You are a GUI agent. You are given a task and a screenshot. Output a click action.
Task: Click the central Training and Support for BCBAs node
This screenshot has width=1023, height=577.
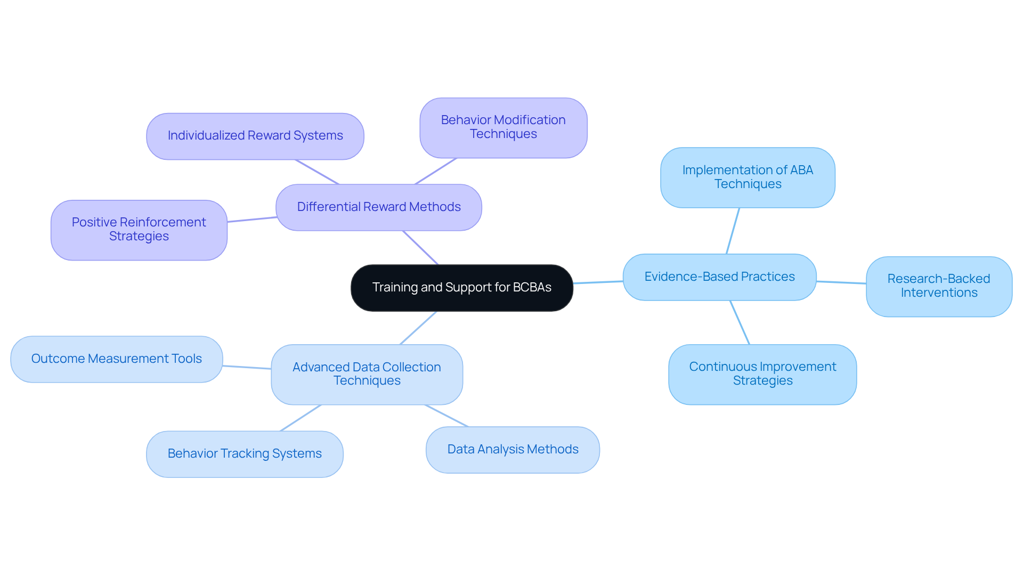coord(461,288)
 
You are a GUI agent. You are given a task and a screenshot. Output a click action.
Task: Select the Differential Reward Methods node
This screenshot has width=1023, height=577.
coord(378,207)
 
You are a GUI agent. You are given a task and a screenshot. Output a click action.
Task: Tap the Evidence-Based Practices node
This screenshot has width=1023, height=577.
coord(719,277)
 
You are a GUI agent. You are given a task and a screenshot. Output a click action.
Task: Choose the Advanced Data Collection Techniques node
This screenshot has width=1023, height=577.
coord(367,374)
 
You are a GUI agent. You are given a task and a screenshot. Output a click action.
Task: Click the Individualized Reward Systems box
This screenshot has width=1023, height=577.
coord(255,136)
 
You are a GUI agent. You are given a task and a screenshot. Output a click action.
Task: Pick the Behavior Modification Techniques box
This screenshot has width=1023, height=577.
coord(503,127)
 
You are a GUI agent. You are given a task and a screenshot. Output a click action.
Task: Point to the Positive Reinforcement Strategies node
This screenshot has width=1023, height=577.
coord(139,230)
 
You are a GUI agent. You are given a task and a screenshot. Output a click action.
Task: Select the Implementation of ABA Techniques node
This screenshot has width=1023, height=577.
coord(748,177)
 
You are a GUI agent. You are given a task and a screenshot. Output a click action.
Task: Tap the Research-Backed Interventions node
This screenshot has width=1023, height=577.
coord(939,286)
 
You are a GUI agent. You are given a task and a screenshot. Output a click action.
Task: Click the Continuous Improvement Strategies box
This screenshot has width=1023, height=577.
coord(762,374)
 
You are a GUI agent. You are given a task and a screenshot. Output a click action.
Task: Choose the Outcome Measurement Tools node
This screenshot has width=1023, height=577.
coord(116,359)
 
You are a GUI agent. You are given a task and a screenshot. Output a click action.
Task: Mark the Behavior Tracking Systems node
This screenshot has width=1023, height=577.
coord(245,454)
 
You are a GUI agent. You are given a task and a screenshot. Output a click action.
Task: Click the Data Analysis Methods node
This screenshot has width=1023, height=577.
coord(513,450)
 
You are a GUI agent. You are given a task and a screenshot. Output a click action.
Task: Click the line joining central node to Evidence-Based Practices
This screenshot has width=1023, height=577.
coord(598,282)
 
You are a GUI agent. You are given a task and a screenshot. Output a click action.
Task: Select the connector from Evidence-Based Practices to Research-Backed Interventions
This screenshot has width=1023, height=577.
coord(841,282)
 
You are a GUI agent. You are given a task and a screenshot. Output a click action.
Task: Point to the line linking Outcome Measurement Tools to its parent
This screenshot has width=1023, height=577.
coord(247,367)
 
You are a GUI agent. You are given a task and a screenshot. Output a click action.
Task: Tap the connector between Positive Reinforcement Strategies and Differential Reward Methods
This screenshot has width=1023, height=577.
coord(251,220)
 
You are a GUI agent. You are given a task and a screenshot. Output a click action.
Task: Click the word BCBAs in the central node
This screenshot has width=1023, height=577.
coord(532,288)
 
